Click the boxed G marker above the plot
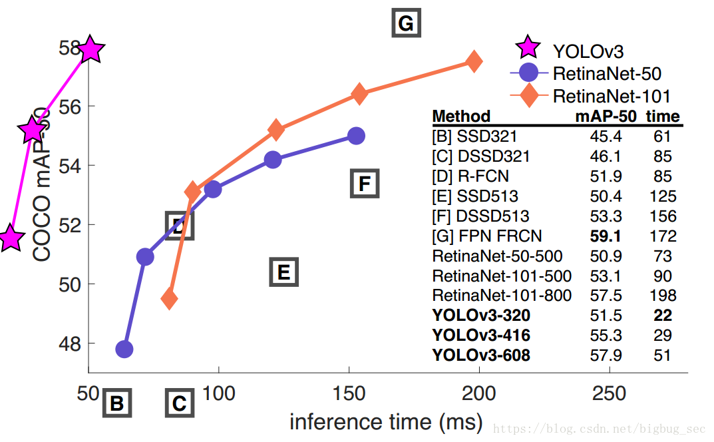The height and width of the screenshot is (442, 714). click(x=405, y=24)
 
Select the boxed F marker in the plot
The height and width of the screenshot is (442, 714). click(x=364, y=183)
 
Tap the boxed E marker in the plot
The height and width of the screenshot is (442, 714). click(x=283, y=272)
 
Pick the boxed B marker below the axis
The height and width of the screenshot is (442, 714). click(x=116, y=403)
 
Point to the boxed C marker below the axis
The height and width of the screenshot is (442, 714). click(x=179, y=403)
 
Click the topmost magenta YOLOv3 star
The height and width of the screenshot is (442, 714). click(x=90, y=49)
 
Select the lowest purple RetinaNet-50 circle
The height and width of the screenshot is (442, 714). click(x=124, y=349)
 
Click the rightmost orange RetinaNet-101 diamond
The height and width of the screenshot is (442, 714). click(x=474, y=61)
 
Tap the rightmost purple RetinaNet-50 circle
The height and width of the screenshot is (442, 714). click(x=357, y=136)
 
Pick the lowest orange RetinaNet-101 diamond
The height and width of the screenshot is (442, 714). click(x=170, y=299)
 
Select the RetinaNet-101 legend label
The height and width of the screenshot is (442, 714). click(x=611, y=96)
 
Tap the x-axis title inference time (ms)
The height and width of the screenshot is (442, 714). click(x=385, y=421)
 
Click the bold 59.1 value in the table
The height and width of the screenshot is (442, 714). click(x=605, y=236)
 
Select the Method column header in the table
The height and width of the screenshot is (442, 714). click(x=461, y=116)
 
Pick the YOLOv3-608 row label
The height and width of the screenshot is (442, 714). click(x=481, y=355)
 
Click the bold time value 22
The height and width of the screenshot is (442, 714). click(x=662, y=316)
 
